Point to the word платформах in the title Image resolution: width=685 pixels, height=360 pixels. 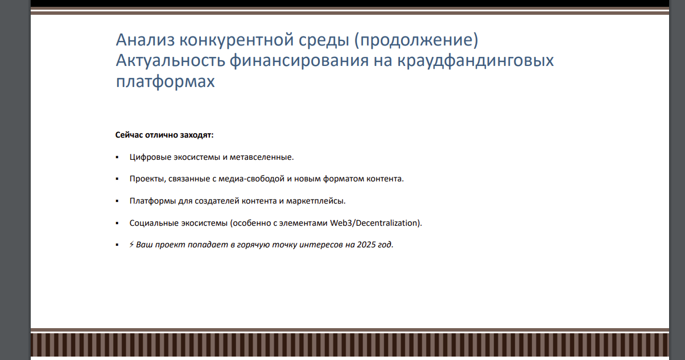click(x=165, y=81)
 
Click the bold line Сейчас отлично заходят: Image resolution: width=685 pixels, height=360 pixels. click(x=164, y=135)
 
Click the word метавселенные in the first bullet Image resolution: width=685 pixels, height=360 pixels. click(x=261, y=157)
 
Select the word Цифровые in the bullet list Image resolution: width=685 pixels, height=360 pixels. click(x=148, y=157)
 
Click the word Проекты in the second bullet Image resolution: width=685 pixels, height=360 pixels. click(x=148, y=179)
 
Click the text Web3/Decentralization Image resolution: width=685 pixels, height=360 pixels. click(x=374, y=223)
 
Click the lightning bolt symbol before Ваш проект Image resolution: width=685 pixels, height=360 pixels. click(x=131, y=245)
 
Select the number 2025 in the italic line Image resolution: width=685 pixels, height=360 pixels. click(x=366, y=245)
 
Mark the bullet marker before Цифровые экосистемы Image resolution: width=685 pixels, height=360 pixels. click(x=117, y=157)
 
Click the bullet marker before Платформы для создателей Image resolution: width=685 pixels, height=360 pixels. click(x=117, y=201)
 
